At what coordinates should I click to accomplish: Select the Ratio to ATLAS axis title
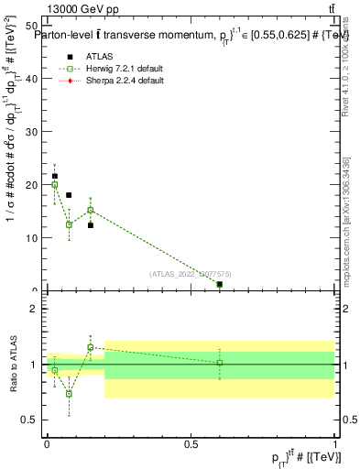point(13,365)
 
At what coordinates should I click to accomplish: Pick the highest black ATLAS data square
point(55,176)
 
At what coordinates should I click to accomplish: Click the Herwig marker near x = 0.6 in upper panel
point(220,285)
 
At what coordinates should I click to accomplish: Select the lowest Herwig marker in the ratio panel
point(69,394)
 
